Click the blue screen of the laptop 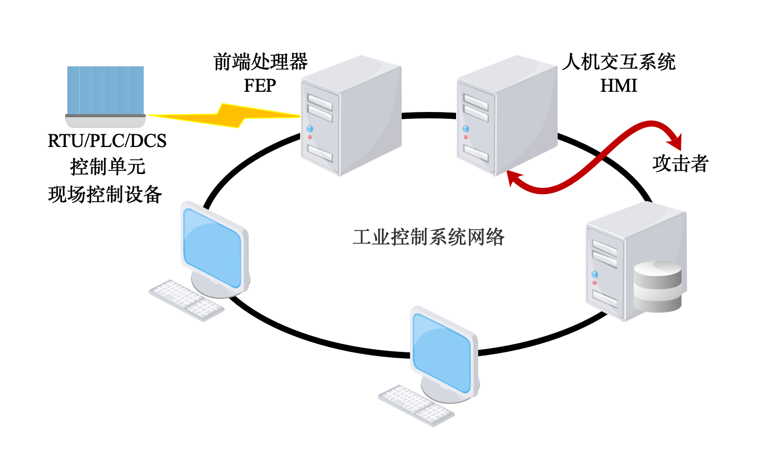pos(106,89)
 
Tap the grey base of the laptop pos(105,122)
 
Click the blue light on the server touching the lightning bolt pos(310,129)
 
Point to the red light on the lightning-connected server pos(310,137)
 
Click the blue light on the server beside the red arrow pos(466,129)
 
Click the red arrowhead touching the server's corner pos(513,178)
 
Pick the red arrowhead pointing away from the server pos(676,141)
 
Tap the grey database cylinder pos(658,287)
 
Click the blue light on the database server pos(595,274)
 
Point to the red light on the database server pos(595,282)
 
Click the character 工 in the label pos(362,237)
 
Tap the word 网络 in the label pos(485,237)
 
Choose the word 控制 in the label pos(409,237)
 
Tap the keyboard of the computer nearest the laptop pos(186,300)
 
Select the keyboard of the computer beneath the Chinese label pos(416,405)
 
